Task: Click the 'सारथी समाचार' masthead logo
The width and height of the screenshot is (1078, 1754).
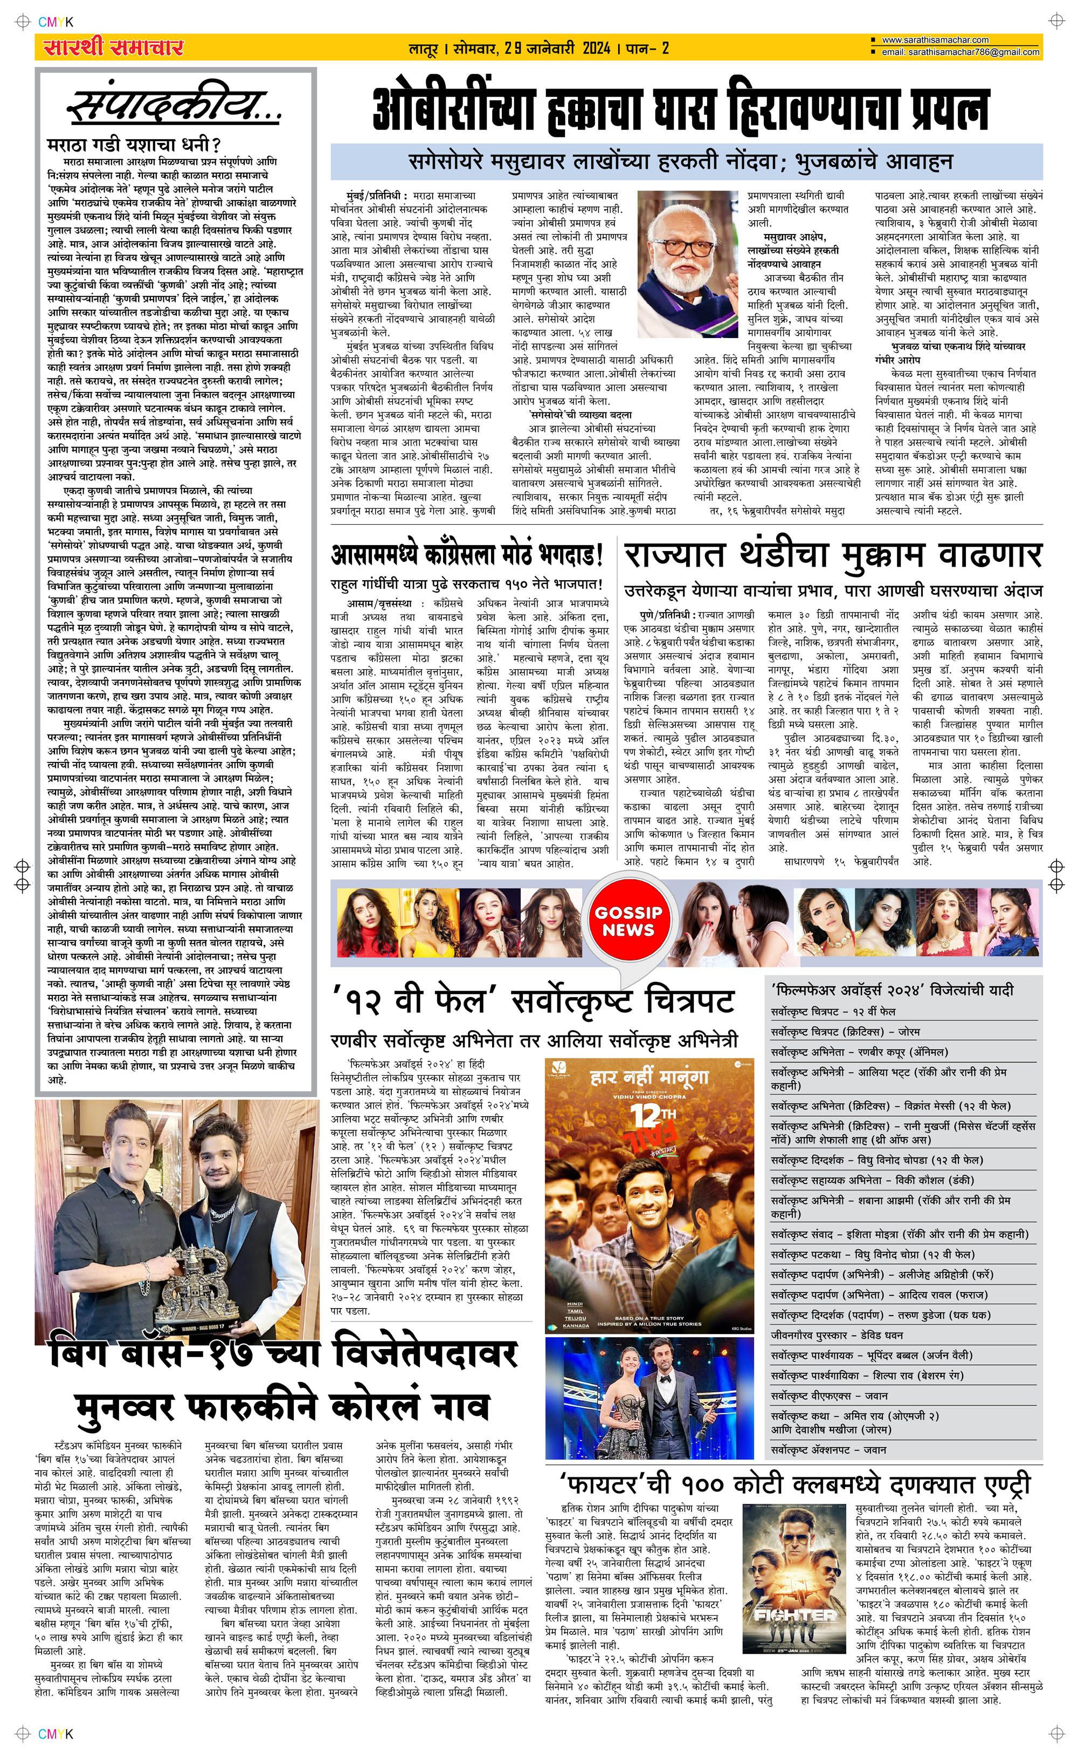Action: click(x=113, y=48)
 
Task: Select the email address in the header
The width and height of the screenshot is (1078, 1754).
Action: click(x=959, y=52)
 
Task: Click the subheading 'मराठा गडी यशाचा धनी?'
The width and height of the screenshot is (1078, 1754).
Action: click(x=133, y=145)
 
